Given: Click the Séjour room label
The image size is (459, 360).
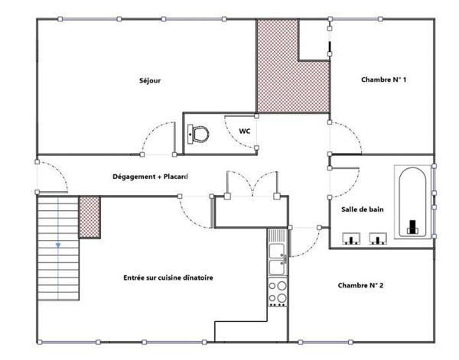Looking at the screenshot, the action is pos(150,81).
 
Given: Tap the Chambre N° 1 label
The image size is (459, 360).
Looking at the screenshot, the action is pos(384,79).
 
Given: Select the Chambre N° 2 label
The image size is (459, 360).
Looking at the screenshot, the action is pos(360,285).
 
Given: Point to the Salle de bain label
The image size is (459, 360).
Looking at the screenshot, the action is pos(363,209).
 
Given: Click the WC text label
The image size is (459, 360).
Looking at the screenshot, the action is pos(245,131).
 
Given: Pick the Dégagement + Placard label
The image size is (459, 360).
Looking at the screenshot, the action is pos(150,177).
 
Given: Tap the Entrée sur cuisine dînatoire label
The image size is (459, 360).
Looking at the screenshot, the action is pos(168,277).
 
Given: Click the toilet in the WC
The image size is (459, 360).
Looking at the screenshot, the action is pos(198,135).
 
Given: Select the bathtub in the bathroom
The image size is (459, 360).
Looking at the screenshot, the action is pos(412,202).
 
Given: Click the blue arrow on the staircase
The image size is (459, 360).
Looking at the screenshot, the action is pos(58,245).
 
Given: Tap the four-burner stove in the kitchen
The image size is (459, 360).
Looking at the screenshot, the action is pos(278,292).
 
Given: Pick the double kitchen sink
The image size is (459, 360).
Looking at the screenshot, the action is pos(277,259).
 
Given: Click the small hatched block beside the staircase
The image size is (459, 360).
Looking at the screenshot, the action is pos(90,217).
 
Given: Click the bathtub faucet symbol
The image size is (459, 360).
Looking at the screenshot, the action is pos(413,226).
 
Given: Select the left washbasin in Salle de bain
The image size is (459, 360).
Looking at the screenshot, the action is pos(351,238).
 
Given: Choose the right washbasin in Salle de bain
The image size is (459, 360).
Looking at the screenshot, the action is pos(378,238).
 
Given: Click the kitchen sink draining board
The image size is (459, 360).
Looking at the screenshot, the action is pos(277,235).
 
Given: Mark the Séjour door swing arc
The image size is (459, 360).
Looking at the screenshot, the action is pos(151,131).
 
